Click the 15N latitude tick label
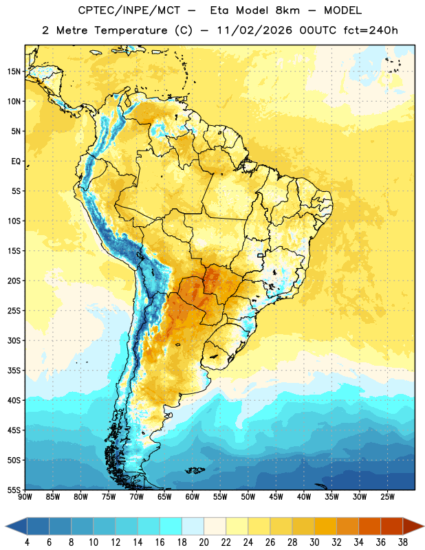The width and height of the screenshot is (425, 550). point(14,71)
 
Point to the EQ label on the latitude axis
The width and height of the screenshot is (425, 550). point(16,162)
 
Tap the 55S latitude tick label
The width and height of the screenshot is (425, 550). point(14,490)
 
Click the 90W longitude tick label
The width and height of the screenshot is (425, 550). point(25,497)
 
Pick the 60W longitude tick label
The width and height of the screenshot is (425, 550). point(193,497)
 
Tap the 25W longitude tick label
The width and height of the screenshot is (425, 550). point(388,497)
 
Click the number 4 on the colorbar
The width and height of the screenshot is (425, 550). point(27,542)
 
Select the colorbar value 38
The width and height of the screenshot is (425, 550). point(403,542)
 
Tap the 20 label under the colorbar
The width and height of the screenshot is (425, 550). point(204,542)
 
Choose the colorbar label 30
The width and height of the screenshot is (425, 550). point(314,542)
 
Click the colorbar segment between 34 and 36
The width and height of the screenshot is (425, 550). point(369,526)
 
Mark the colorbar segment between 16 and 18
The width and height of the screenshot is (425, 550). point(171,526)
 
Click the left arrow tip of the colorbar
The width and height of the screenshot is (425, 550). point(6,526)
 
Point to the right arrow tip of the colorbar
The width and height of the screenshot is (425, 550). point(424,526)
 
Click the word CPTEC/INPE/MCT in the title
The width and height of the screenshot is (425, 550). point(129,10)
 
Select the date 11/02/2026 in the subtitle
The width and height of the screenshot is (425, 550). point(254,30)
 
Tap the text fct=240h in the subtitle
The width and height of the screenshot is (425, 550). point(371,30)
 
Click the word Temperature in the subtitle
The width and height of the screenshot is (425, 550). point(131,30)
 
